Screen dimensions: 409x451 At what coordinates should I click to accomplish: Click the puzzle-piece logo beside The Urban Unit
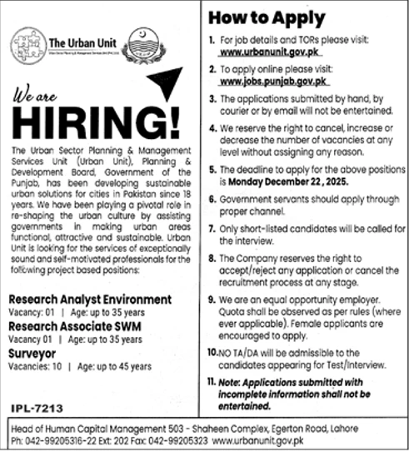(x=27, y=42)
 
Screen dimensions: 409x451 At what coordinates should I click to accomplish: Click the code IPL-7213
(x=37, y=409)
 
